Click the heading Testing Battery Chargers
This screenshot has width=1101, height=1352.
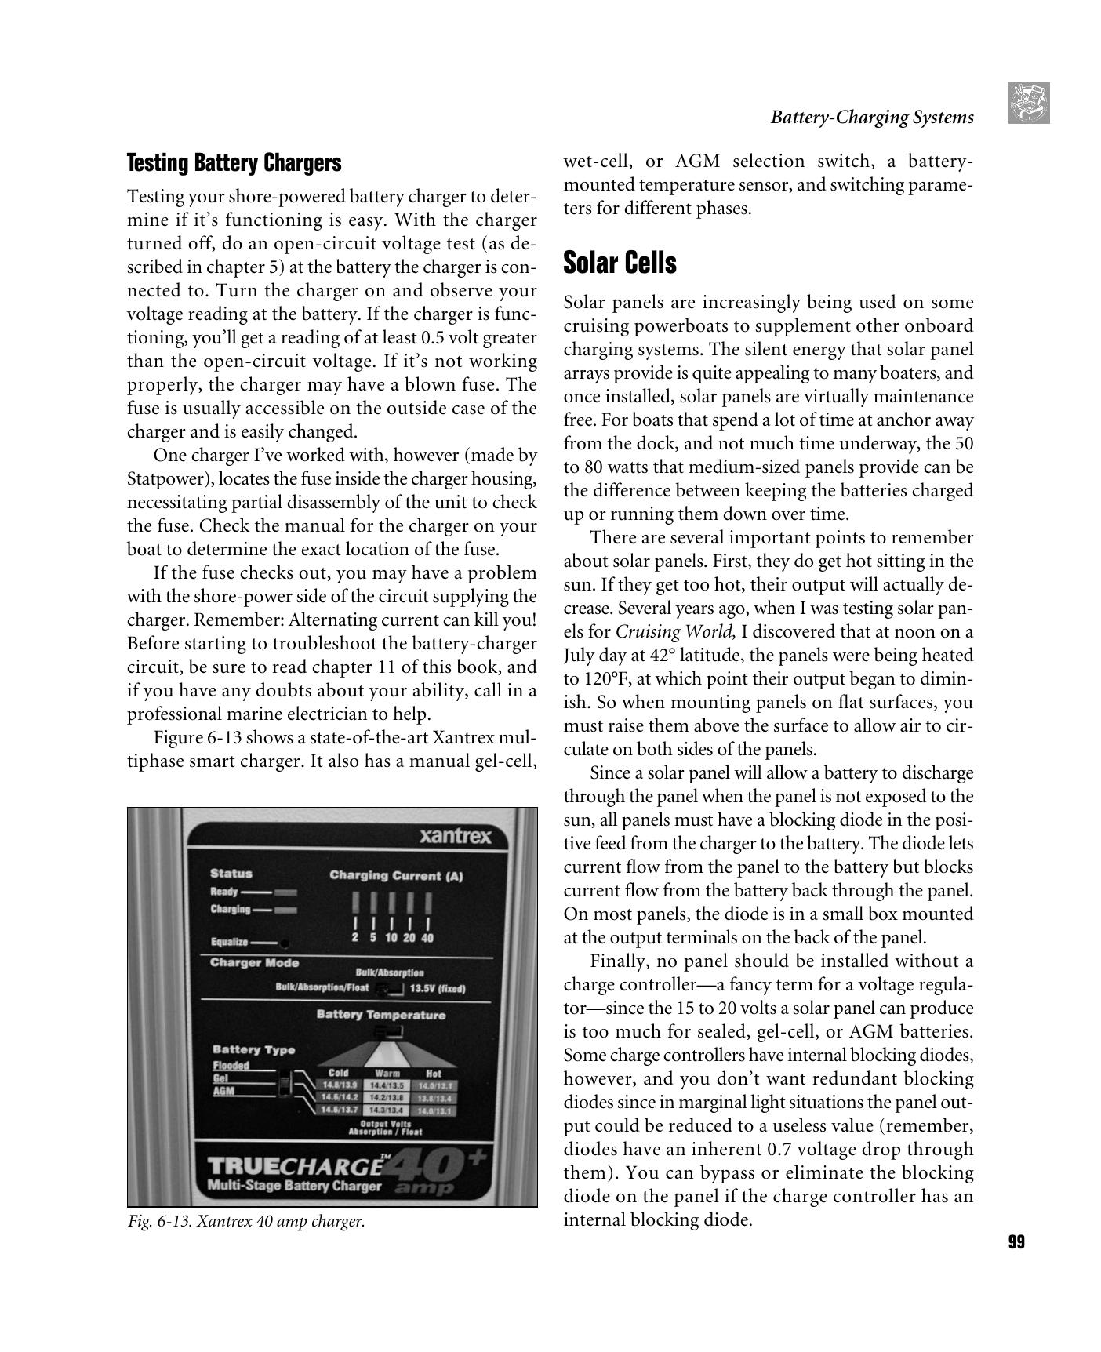(x=234, y=163)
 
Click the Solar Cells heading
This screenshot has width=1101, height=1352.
(x=620, y=263)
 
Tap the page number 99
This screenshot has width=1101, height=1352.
(x=1016, y=1242)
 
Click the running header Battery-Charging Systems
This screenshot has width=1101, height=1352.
(x=871, y=118)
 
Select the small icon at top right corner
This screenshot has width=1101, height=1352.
(x=1028, y=103)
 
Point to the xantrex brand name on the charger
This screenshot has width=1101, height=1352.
(x=456, y=836)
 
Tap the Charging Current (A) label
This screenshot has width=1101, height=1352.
(x=396, y=875)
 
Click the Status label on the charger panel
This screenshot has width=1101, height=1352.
(x=231, y=873)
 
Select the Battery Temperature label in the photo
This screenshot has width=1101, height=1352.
(x=380, y=1015)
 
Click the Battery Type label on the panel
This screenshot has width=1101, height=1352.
(x=253, y=1049)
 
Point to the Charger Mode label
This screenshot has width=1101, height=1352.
(x=254, y=963)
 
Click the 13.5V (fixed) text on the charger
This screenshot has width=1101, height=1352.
(x=438, y=988)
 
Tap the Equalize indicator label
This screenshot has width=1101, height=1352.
(x=229, y=942)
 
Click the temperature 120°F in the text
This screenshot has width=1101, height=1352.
(x=601, y=679)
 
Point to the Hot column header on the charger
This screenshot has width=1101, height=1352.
(x=433, y=1074)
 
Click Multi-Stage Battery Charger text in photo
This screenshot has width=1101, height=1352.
(x=294, y=1186)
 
